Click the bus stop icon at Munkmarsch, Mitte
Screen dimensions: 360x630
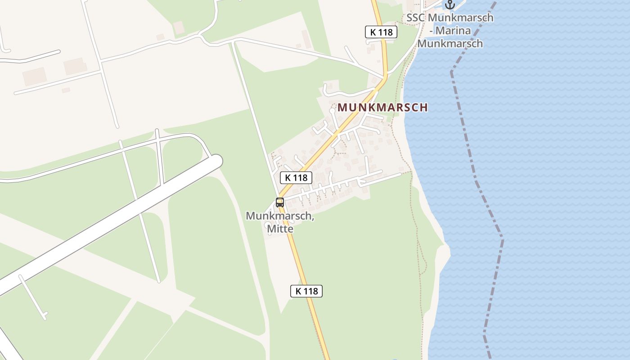[280, 202]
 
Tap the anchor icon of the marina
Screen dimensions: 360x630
[450, 4]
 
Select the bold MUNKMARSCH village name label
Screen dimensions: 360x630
[382, 108]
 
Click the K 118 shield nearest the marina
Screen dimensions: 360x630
[381, 32]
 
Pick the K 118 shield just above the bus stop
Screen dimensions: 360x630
[296, 178]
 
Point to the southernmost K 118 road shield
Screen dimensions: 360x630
[306, 291]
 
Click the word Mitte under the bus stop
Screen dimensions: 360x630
[280, 229]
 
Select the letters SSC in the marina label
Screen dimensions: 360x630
[416, 18]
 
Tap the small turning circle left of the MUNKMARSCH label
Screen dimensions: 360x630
[332, 110]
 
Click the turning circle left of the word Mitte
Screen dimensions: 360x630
[268, 225]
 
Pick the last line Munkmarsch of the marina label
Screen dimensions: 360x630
[450, 44]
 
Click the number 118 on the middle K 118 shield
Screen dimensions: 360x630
[300, 178]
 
